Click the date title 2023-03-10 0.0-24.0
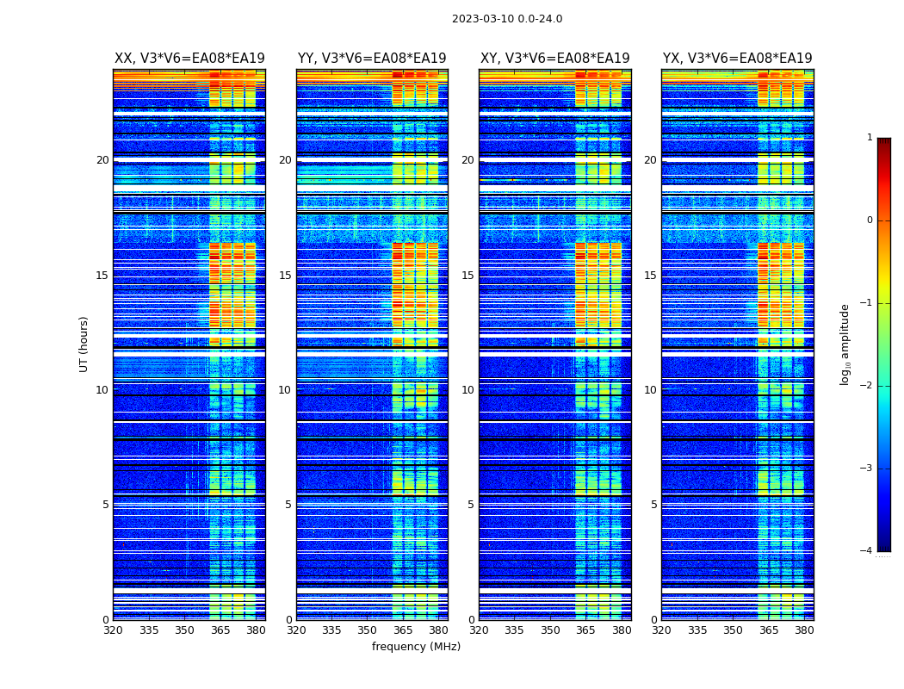tap(507, 19)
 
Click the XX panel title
tap(189, 59)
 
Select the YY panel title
tap(372, 59)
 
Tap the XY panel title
tap(554, 59)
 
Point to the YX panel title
tap(737, 59)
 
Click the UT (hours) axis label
tap(84, 344)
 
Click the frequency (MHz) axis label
tap(416, 647)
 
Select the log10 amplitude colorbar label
tap(845, 344)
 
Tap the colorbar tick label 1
tap(870, 138)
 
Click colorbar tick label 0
tap(870, 220)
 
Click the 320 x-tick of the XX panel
tap(113, 630)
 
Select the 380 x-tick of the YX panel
tap(804, 630)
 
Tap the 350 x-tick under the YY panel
tap(368, 630)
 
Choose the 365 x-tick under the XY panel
tap(585, 630)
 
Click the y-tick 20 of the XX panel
tap(102, 160)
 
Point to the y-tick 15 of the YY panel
tap(285, 276)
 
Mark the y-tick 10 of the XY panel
tap(467, 390)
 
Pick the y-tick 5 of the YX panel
tap(653, 505)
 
